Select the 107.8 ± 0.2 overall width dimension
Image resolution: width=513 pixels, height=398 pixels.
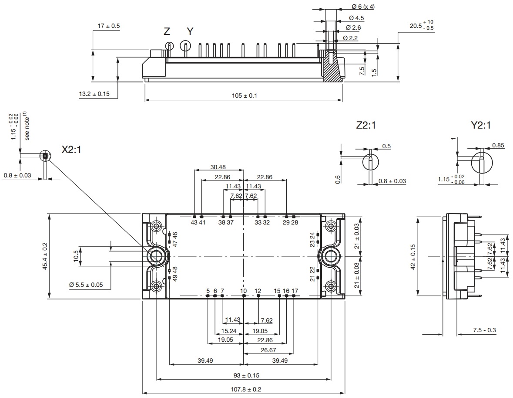click(x=244, y=389)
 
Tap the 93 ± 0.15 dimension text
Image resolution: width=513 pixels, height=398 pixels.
click(x=244, y=375)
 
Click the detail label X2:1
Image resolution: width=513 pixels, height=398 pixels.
click(x=71, y=150)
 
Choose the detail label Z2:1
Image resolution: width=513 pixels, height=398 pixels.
click(x=365, y=126)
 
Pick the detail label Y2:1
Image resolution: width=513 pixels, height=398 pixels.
click(x=480, y=126)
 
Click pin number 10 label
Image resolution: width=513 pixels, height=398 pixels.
click(x=244, y=291)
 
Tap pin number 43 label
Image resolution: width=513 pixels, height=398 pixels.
click(x=194, y=222)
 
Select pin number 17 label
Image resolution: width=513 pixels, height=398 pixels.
click(x=295, y=291)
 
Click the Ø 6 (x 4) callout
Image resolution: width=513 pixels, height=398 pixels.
click(x=362, y=7)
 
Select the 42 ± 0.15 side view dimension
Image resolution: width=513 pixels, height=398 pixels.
click(x=412, y=256)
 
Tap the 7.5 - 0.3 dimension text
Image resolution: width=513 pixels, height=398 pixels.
click(x=484, y=330)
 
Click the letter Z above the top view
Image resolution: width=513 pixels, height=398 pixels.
click(x=167, y=31)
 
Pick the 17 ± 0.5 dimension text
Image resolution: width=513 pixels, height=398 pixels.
click(x=109, y=26)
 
